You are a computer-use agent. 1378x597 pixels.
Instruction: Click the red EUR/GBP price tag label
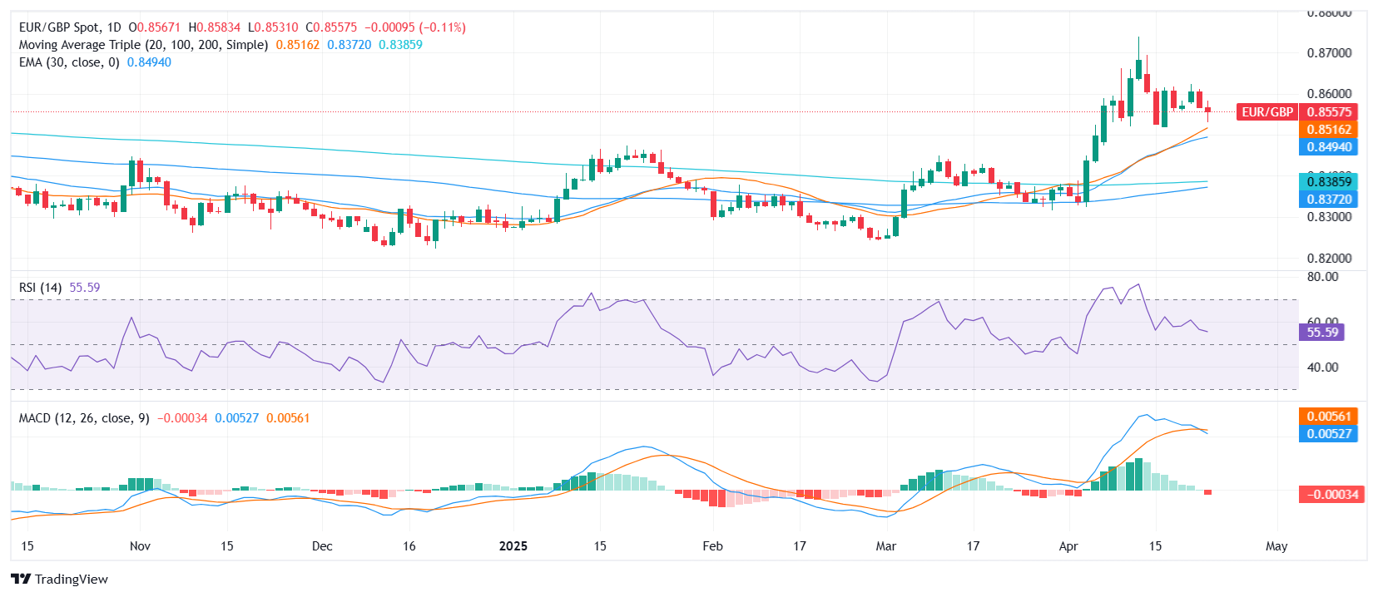pyautogui.click(x=1266, y=112)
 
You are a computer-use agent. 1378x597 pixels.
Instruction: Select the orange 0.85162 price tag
pyautogui.click(x=1329, y=130)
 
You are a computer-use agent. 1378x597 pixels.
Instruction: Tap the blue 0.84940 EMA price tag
pyautogui.click(x=1329, y=147)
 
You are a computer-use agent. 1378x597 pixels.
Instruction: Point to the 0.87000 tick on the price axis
pyautogui.click(x=1329, y=52)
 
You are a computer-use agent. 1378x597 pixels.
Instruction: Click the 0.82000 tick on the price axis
pyautogui.click(x=1329, y=259)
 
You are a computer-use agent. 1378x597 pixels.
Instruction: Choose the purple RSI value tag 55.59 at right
pyautogui.click(x=1322, y=333)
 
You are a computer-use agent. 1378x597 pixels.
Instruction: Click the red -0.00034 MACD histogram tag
pyautogui.click(x=1331, y=495)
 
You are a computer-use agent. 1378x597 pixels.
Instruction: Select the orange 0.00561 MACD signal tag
pyautogui.click(x=1329, y=417)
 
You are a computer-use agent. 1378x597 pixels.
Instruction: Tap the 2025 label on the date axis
pyautogui.click(x=513, y=546)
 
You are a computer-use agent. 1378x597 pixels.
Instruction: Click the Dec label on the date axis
pyautogui.click(x=322, y=546)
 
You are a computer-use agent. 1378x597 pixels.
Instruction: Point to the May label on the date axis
pyautogui.click(x=1276, y=546)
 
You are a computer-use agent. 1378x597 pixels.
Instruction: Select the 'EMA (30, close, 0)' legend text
pyautogui.click(x=69, y=62)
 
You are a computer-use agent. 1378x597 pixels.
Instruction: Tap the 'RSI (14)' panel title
pyautogui.click(x=40, y=288)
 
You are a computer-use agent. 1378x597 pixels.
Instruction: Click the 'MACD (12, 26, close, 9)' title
pyautogui.click(x=84, y=418)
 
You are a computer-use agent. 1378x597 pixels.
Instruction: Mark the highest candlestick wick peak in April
pyautogui.click(x=1138, y=37)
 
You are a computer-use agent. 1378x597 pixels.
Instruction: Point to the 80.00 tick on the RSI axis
pyautogui.click(x=1322, y=277)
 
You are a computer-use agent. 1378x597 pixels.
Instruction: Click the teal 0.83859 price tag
pyautogui.click(x=1329, y=181)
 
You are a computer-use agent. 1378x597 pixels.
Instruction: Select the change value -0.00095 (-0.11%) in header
pyautogui.click(x=415, y=27)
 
